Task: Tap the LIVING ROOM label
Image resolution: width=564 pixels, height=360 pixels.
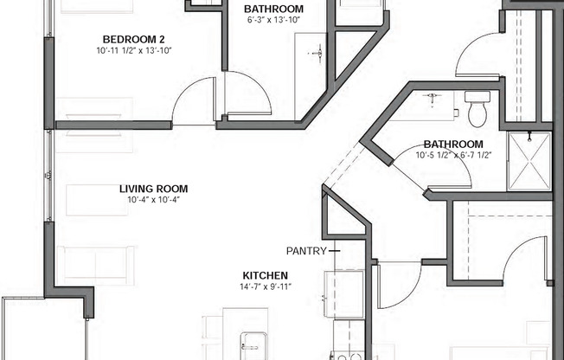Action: click(x=154, y=189)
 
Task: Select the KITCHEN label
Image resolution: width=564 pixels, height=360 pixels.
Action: click(x=265, y=275)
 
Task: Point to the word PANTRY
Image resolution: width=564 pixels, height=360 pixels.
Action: click(x=306, y=251)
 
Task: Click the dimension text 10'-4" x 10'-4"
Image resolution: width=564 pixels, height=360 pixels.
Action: click(x=154, y=200)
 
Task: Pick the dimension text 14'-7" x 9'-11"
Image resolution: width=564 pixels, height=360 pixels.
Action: click(x=266, y=287)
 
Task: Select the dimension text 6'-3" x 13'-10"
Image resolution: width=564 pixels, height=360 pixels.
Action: click(x=273, y=20)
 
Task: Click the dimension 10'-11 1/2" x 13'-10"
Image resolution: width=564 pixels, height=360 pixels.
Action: click(x=134, y=50)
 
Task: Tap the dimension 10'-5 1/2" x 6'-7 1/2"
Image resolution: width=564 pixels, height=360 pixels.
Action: click(x=453, y=155)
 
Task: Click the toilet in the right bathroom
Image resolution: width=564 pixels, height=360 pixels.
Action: click(x=477, y=109)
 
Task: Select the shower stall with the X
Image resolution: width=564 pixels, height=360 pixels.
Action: click(x=529, y=161)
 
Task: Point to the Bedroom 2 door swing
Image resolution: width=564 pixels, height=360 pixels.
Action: click(x=187, y=90)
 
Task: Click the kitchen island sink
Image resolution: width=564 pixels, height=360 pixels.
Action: click(x=254, y=345)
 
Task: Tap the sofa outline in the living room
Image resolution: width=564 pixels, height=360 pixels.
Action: click(x=95, y=266)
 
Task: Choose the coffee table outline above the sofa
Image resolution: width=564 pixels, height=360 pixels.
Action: click(x=97, y=200)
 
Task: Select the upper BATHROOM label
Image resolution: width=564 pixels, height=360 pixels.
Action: click(x=273, y=9)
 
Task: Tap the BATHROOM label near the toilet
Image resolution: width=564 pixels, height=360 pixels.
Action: click(x=453, y=144)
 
